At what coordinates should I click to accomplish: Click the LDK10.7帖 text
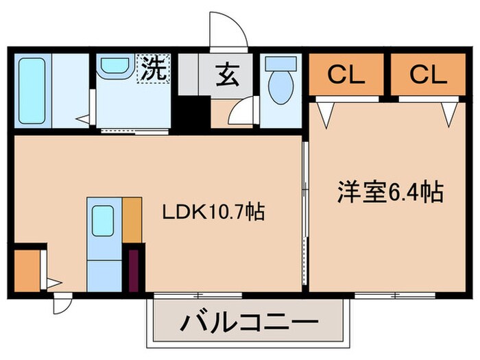[213, 213]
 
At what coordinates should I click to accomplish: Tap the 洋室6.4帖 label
[389, 192]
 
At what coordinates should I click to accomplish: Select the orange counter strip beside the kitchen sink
[132, 219]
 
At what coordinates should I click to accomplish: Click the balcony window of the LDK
[197, 295]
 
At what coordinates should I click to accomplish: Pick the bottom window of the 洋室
[396, 295]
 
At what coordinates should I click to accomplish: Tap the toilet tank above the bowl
[279, 63]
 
